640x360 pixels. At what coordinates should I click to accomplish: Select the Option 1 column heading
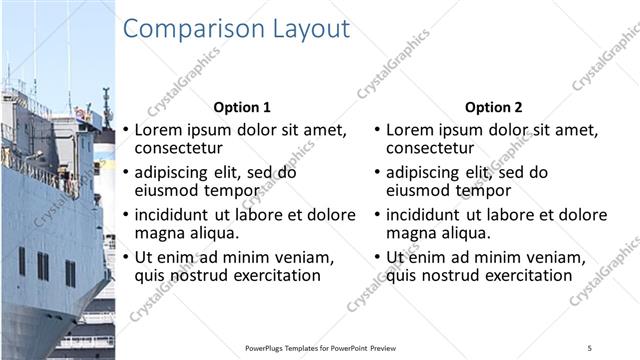[242, 107]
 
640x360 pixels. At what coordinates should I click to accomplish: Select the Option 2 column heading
[493, 107]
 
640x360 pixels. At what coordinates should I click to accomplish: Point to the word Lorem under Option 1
[158, 130]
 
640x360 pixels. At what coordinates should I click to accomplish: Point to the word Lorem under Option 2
[409, 130]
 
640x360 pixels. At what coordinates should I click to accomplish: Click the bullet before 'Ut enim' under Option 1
[126, 258]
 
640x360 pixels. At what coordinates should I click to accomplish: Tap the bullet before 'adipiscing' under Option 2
[377, 173]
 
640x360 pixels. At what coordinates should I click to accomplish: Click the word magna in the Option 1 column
[158, 233]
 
